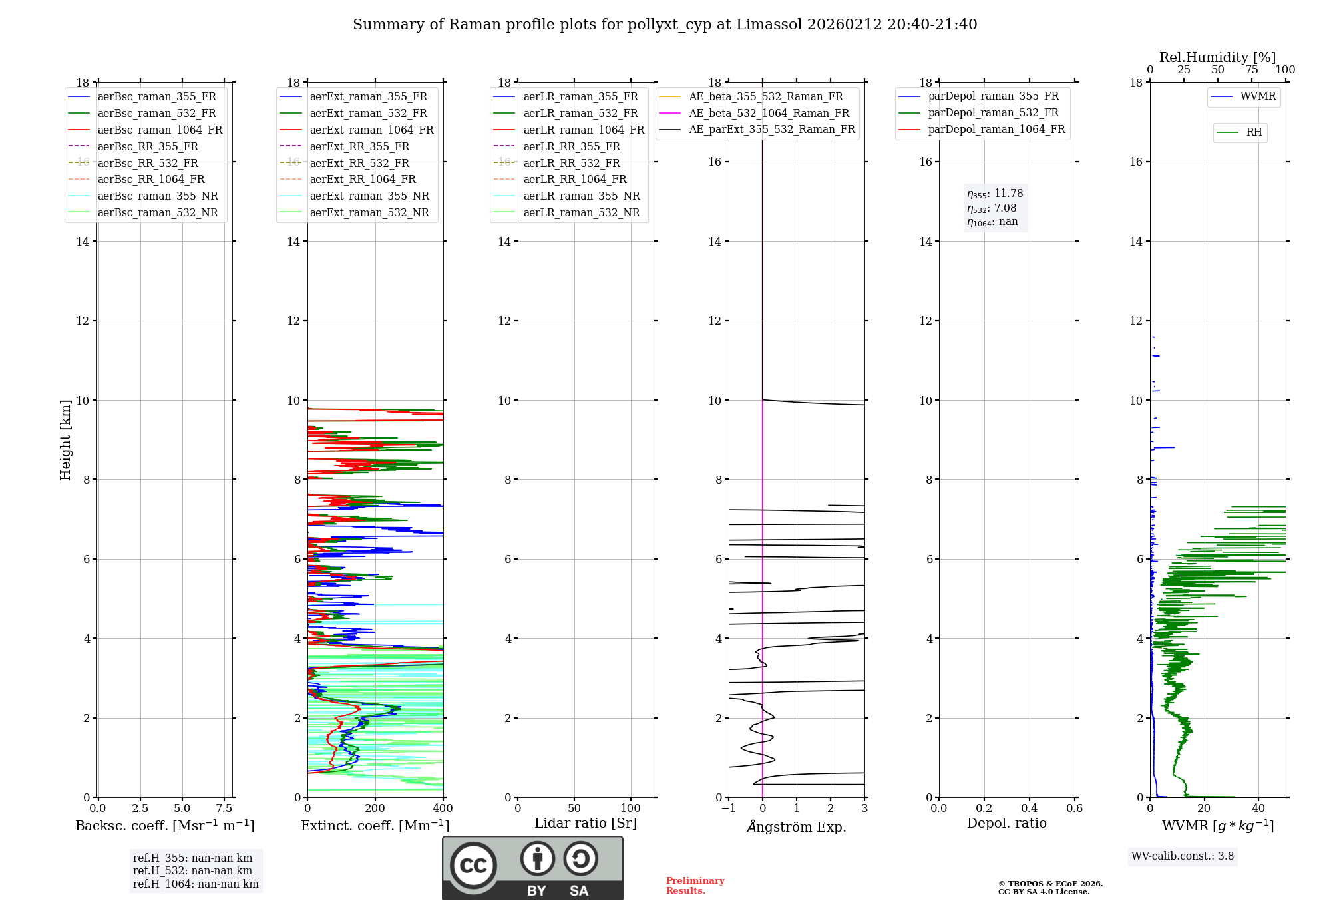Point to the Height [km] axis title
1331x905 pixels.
pos(65,440)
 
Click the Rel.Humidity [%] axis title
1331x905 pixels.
pos(1217,57)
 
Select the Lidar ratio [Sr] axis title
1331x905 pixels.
pos(586,823)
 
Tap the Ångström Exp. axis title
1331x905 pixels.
pos(797,827)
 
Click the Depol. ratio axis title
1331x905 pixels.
pos(1006,823)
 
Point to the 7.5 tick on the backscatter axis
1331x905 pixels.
pos(224,809)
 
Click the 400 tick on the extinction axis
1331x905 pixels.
pos(443,809)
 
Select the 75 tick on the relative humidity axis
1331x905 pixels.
pos(1252,70)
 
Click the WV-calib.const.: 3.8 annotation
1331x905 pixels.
pos(1183,856)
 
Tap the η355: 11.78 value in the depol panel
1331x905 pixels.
pos(995,194)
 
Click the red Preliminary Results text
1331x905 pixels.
pos(695,886)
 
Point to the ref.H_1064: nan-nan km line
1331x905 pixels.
pos(196,884)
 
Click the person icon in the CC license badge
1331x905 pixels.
pos(537,858)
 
